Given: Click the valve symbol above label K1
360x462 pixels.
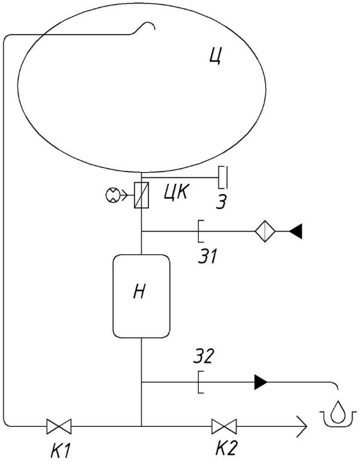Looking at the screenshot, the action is click(59, 426).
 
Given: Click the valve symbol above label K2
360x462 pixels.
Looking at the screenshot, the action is click(224, 426).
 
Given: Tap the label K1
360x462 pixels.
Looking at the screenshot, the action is click(60, 450).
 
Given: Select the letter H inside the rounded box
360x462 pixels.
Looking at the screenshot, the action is click(139, 292).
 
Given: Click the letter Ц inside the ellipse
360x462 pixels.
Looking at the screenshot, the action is click(215, 56).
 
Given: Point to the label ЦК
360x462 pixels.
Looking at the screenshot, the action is click(175, 193).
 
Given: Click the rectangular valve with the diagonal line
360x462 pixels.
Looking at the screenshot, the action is click(141, 195).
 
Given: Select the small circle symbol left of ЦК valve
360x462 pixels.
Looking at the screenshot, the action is click(112, 195).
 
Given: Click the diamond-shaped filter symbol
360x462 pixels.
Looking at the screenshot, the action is click(265, 231).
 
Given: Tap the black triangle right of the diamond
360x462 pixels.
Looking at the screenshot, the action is click(295, 231).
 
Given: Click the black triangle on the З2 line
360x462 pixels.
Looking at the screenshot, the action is click(261, 382).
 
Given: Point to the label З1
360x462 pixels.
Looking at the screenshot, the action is click(207, 255).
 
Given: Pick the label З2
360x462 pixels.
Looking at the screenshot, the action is click(203, 356).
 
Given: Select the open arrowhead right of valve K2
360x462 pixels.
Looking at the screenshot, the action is click(302, 426).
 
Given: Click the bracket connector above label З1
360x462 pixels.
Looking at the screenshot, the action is click(200, 231).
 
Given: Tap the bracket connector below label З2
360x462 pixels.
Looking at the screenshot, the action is click(200, 382).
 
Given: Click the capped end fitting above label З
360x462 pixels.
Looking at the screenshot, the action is click(223, 177).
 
